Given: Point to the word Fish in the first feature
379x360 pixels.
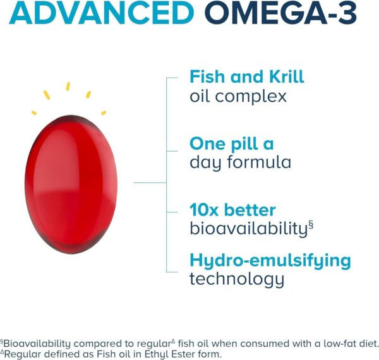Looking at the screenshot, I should tap(208, 77).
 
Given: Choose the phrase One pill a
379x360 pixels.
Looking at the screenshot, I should tap(232, 143).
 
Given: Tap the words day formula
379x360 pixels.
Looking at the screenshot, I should tap(240, 162).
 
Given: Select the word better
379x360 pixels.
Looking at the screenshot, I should tap(252, 210).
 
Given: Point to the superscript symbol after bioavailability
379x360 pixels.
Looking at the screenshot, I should tap(311, 224).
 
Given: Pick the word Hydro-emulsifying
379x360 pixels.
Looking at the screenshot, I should tap(270, 260).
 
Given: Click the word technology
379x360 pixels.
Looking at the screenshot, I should tap(237, 279).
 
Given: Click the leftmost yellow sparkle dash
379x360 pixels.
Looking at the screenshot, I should tap(34, 113).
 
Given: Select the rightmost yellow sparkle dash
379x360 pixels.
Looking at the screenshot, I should tap(103, 112).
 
